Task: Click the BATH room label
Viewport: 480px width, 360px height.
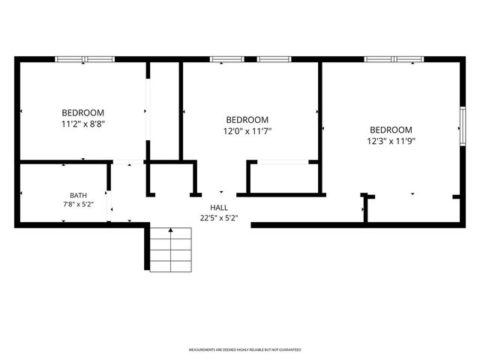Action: click(78, 195)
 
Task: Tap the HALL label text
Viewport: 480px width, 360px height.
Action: click(219, 208)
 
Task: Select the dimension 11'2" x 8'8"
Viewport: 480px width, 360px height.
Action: click(83, 124)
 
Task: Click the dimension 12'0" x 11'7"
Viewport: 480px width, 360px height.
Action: click(247, 131)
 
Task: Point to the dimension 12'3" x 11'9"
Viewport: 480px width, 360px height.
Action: click(391, 141)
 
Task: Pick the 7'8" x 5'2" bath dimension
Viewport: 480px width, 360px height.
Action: click(78, 205)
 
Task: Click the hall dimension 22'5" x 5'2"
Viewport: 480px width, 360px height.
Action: click(219, 218)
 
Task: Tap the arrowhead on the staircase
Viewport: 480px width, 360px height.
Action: click(170, 229)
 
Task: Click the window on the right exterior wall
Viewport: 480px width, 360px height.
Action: click(463, 126)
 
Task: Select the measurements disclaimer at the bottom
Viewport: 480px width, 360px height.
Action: click(244, 349)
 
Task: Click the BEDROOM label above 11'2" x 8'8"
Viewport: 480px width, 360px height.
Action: click(83, 112)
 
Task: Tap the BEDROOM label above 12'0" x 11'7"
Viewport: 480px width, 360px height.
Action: click(247, 120)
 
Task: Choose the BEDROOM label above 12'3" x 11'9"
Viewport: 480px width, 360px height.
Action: click(391, 130)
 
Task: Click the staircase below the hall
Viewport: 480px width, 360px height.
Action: click(170, 250)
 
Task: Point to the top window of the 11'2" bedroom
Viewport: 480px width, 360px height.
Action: click(85, 59)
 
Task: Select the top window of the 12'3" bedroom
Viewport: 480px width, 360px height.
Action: click(394, 59)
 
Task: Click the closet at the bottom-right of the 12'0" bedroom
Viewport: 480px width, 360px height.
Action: click(283, 178)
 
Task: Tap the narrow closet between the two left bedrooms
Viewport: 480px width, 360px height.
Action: click(165, 111)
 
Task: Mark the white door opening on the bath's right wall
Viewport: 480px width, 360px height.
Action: click(109, 205)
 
